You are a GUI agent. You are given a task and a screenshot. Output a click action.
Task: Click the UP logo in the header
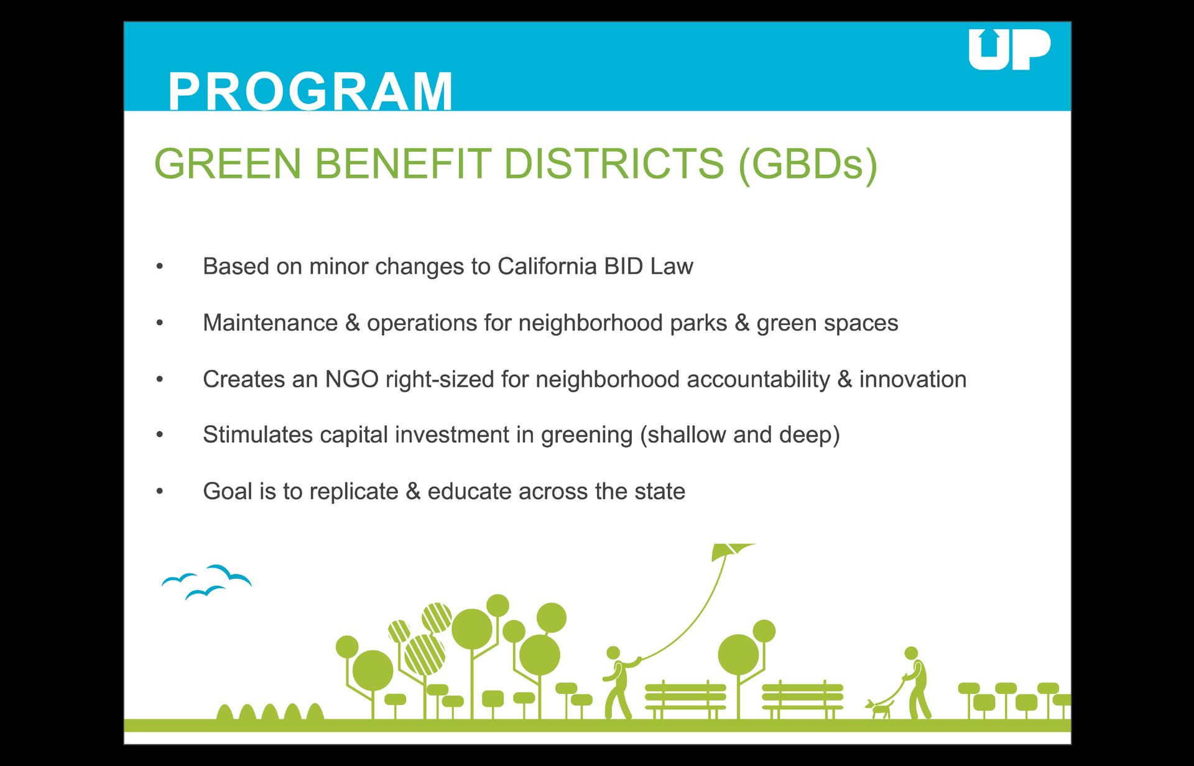pos(1009,49)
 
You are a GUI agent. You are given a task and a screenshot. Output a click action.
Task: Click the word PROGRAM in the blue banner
pos(311,91)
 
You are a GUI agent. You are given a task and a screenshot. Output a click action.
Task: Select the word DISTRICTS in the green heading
pos(614,164)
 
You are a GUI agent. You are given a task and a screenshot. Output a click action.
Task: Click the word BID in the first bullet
pos(624,266)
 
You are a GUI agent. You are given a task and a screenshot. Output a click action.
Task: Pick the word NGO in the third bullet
pos(352,379)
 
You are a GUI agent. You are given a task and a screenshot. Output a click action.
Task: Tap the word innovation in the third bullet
pos(913,379)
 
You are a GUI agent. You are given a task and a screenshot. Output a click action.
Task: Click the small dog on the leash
pos(879,708)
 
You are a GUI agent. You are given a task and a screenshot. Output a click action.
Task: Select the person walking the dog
pos(916,683)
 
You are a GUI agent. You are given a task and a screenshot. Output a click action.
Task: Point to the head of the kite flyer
pos(613,653)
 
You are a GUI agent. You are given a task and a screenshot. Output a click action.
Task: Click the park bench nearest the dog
pos(802,699)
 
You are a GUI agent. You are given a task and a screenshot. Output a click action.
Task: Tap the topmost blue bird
pos(229,574)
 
